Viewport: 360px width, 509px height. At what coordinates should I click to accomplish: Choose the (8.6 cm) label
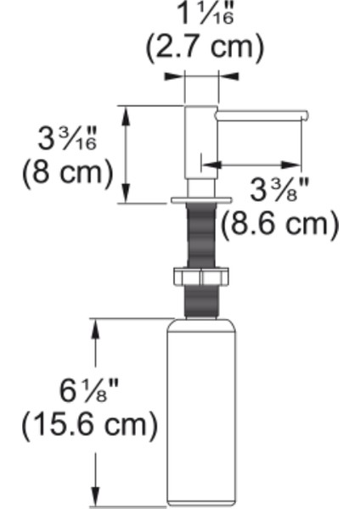click(x=279, y=225)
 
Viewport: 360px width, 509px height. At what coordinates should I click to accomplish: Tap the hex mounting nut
click(x=200, y=277)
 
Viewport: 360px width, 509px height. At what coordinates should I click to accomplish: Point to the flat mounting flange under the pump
click(x=200, y=200)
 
